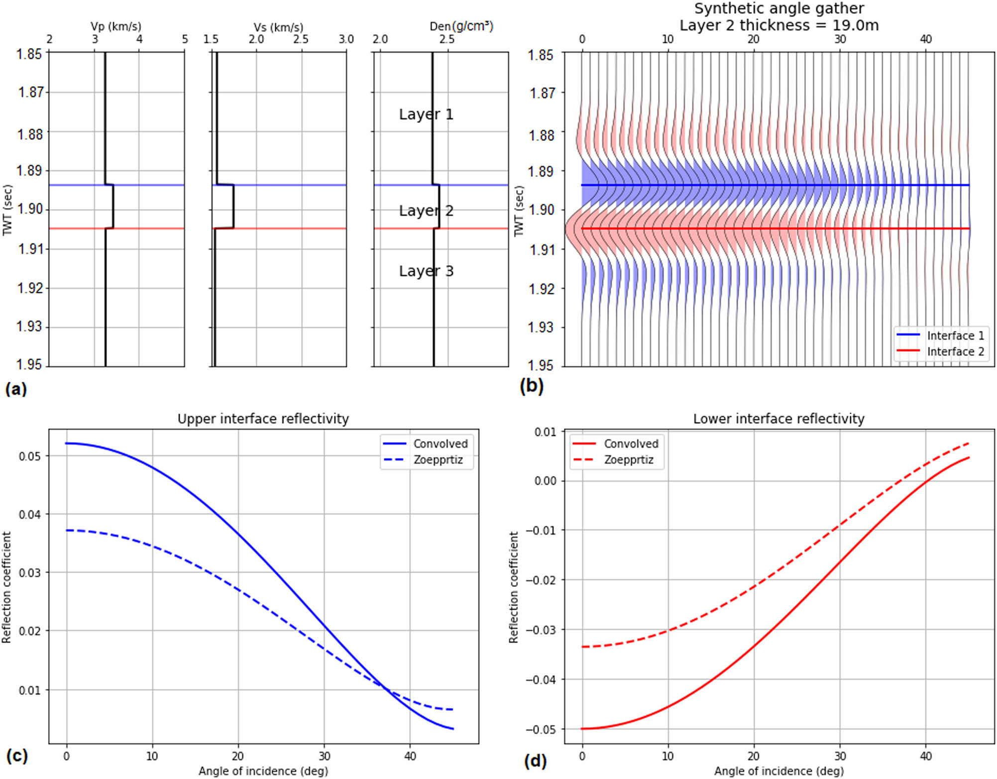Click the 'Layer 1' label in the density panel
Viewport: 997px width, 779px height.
426,114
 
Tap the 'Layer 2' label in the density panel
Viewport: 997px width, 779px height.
426,211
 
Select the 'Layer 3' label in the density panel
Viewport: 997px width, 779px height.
426,271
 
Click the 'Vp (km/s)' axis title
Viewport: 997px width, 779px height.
115,26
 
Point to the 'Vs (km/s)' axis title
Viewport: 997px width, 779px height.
278,27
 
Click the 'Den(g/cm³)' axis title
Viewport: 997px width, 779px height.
461,26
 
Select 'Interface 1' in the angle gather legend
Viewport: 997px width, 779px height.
955,335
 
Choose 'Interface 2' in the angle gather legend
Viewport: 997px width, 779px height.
955,351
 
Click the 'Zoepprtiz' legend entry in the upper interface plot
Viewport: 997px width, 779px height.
438,459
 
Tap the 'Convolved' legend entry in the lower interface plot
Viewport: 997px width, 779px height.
631,444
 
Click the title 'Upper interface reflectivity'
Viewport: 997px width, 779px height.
263,419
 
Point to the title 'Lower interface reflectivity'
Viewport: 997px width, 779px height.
778,419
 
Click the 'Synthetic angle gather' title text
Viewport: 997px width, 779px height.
779,8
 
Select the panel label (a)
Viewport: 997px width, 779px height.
16,389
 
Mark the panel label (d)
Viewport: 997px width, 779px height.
535,761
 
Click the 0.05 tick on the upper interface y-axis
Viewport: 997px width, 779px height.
30,456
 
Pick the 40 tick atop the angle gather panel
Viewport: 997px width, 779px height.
925,39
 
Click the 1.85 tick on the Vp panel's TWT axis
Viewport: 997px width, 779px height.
29,54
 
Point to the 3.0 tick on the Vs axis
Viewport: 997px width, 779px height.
346,39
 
